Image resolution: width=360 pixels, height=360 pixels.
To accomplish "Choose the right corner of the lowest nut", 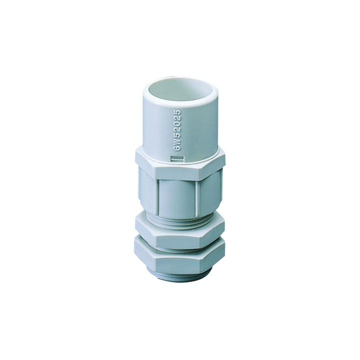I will [223, 250].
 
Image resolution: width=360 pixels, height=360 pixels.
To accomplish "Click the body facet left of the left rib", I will [147, 190].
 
